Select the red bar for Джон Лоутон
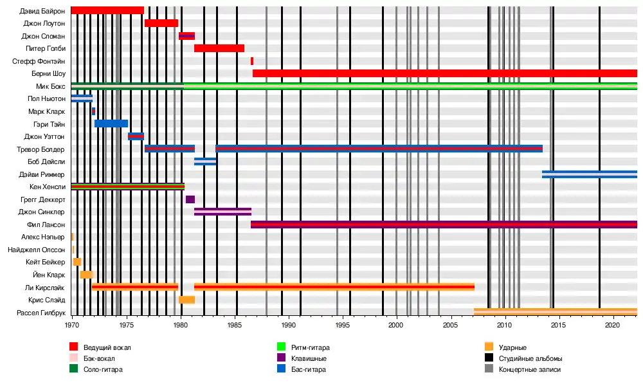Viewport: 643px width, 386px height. coord(161,23)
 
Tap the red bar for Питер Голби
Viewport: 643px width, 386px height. coord(219,48)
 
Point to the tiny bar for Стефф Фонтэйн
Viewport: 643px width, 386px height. coord(252,61)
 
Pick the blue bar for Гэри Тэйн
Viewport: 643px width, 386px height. coord(111,124)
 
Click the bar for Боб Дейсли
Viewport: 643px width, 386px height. coord(206,161)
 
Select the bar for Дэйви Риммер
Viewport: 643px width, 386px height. coord(590,174)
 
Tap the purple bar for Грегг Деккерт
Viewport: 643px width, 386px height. coord(190,199)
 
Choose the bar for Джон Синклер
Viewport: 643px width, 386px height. coord(222,212)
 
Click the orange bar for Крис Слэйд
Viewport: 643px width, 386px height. coord(186,300)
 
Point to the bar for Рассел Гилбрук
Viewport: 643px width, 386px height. coord(556,312)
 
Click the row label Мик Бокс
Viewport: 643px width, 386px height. coord(51,86)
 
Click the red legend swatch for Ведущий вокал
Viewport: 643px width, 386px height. coord(74,347)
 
